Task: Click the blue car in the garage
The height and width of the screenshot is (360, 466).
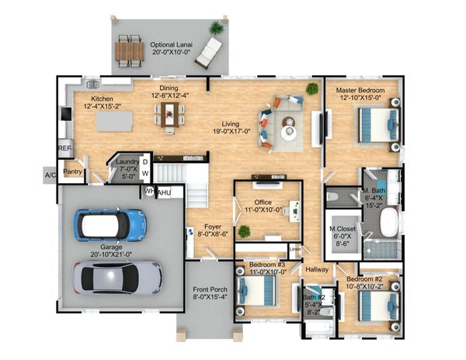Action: pyautogui.click(x=110, y=225)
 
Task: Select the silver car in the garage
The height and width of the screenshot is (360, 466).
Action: pyautogui.click(x=118, y=278)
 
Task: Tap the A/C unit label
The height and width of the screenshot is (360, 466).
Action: pyautogui.click(x=50, y=175)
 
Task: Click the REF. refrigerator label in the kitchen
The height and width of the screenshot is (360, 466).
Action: pyautogui.click(x=64, y=147)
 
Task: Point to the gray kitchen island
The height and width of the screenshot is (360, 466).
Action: pyautogui.click(x=114, y=121)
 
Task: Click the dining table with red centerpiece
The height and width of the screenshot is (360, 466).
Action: pyautogui.click(x=169, y=115)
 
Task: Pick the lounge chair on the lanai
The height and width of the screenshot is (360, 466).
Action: pyautogui.click(x=208, y=54)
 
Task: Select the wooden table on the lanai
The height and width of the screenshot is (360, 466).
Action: pyautogui.click(x=129, y=51)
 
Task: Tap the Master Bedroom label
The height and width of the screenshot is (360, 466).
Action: pyautogui.click(x=360, y=90)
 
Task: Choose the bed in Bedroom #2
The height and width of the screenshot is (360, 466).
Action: pyautogui.click(x=379, y=306)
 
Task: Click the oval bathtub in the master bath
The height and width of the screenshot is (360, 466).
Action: pyautogui.click(x=389, y=223)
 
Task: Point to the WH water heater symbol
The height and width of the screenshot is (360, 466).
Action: pyautogui.click(x=148, y=192)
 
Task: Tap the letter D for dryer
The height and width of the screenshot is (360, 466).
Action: pyautogui.click(x=145, y=162)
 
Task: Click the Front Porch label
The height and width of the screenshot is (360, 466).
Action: pyautogui.click(x=210, y=289)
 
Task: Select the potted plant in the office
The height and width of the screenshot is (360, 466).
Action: pyautogui.click(x=244, y=231)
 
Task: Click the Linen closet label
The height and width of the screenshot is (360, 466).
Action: pyautogui.click(x=295, y=249)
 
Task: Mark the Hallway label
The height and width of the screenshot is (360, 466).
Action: pyautogui.click(x=317, y=269)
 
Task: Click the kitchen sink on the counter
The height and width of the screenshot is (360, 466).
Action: pyautogui.click(x=92, y=85)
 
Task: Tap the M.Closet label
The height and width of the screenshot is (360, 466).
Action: pyautogui.click(x=343, y=229)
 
